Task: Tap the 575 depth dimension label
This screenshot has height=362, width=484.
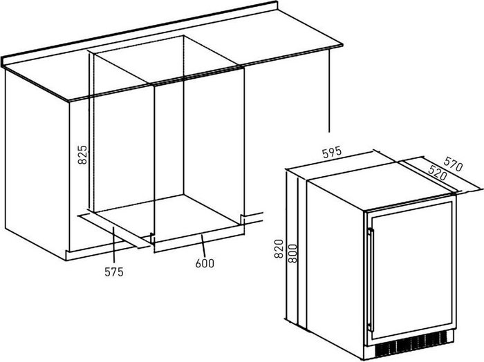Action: coord(114,272)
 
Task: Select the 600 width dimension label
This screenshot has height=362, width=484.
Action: coord(205,263)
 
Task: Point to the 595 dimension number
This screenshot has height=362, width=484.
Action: coord(332,154)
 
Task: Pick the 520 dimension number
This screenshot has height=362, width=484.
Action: coord(436,175)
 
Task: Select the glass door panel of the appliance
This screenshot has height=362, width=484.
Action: coord(411,269)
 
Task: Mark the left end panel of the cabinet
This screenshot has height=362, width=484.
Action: coord(35,159)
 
